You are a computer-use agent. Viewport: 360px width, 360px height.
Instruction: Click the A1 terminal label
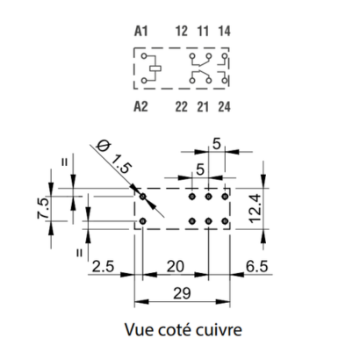(x=141, y=31)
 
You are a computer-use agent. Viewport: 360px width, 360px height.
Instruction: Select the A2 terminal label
(x=140, y=106)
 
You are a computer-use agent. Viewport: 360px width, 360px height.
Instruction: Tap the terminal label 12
(x=182, y=31)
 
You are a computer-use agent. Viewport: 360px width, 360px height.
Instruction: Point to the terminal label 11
(x=203, y=31)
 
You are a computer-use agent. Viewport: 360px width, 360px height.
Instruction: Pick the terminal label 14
(x=225, y=31)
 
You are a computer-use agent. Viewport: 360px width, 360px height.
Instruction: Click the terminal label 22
(x=182, y=107)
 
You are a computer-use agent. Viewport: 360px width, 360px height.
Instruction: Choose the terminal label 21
(x=203, y=107)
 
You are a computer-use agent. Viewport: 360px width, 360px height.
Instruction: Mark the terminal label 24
(x=225, y=107)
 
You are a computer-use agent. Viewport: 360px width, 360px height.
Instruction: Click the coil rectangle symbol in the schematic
(x=155, y=68)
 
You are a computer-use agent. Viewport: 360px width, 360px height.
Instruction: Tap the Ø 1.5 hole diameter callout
(x=115, y=157)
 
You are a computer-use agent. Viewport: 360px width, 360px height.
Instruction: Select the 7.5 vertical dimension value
(x=43, y=208)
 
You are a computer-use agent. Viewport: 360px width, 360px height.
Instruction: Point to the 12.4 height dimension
(x=256, y=209)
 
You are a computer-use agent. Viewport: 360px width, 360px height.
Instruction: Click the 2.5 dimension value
(x=103, y=267)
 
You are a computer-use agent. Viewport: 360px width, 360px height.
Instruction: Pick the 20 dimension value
(x=176, y=267)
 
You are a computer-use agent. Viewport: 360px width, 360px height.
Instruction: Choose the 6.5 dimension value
(x=256, y=267)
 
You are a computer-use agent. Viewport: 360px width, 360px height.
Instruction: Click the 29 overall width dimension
(x=182, y=293)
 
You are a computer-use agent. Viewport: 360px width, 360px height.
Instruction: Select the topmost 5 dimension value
(x=216, y=144)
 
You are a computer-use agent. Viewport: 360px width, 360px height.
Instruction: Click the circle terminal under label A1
(x=144, y=55)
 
